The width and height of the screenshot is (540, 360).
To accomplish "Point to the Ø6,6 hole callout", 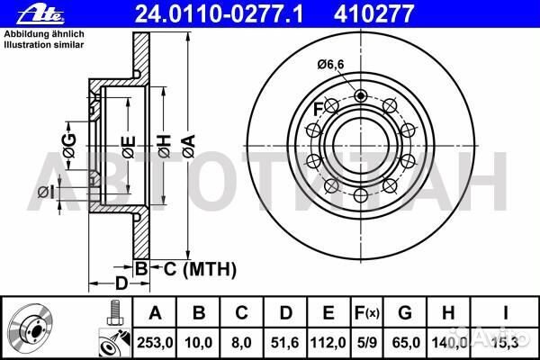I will pos(332,64).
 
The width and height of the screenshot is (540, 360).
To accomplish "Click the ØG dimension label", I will pos(68,140).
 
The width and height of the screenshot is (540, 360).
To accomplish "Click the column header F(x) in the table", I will pos(368,313).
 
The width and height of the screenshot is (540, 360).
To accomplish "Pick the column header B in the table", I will pos(200,313).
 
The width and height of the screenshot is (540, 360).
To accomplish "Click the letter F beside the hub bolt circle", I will pos(317,110).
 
